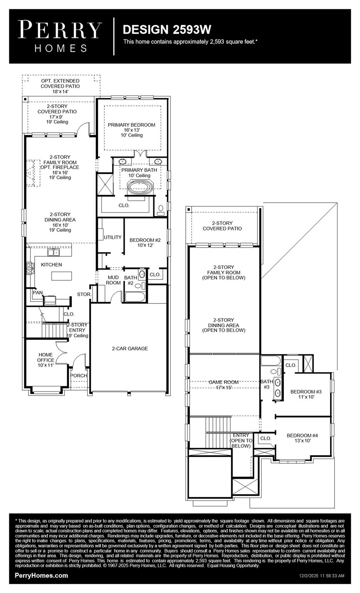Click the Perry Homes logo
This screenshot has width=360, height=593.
(x=60, y=36)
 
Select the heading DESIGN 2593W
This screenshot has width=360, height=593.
(x=167, y=30)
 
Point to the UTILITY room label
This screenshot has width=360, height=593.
(x=112, y=237)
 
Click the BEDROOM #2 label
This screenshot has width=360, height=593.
(x=145, y=242)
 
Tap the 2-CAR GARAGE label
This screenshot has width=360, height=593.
(x=130, y=349)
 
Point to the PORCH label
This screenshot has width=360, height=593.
(x=79, y=376)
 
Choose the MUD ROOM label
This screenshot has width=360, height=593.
(x=113, y=280)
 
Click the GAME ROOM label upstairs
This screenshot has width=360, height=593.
(x=224, y=385)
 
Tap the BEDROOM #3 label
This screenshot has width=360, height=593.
(x=306, y=394)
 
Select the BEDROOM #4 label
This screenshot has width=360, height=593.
(x=302, y=438)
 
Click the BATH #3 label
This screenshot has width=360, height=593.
(x=267, y=384)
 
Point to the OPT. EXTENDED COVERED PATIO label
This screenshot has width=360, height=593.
(x=60, y=86)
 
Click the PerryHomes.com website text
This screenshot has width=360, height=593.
(x=41, y=576)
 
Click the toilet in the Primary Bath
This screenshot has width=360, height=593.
(x=161, y=210)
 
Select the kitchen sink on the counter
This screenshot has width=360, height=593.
(x=53, y=252)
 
